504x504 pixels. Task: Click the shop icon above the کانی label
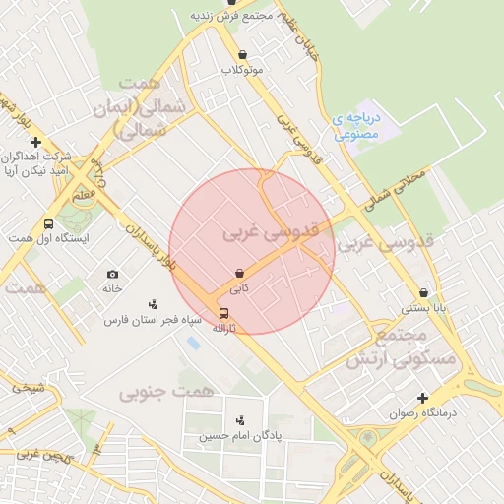(240, 273)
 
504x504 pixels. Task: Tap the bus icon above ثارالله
(223, 313)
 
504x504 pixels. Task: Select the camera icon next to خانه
(112, 274)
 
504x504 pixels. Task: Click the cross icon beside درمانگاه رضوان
(423, 399)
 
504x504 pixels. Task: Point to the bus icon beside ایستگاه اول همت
(49, 223)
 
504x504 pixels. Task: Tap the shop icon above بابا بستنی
(423, 292)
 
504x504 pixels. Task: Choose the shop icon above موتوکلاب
(242, 55)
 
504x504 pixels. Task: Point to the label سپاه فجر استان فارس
(155, 321)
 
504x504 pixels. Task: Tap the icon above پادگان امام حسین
(240, 420)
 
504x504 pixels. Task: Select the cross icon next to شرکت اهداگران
(35, 143)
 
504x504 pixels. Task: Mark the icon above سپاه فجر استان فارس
(153, 305)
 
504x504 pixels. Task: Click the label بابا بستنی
(422, 308)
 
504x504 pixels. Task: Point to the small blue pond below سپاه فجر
(193, 344)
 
